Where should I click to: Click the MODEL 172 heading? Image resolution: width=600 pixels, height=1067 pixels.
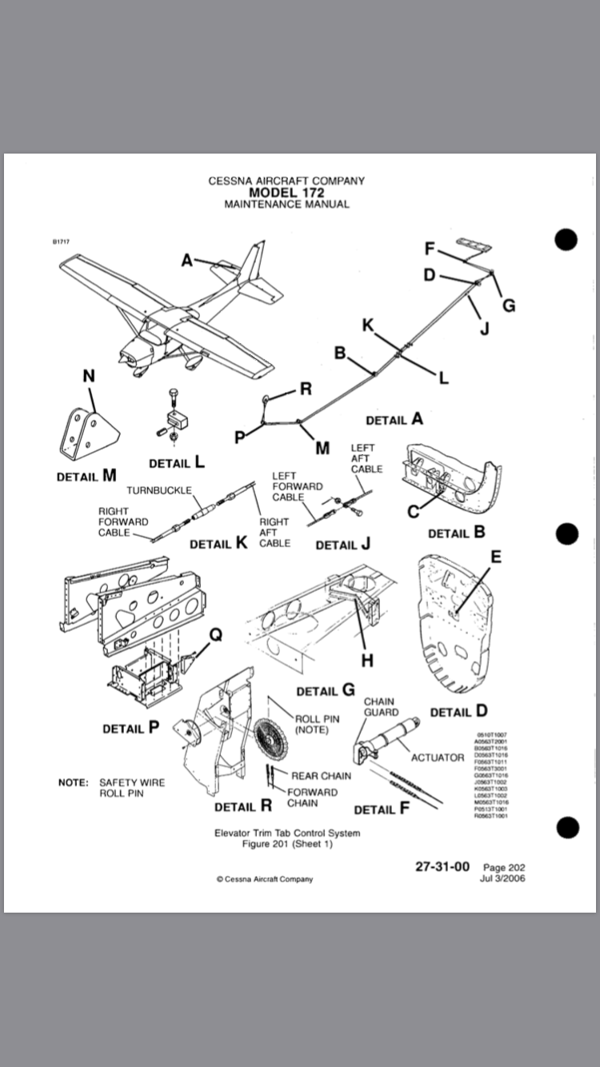pyautogui.click(x=286, y=193)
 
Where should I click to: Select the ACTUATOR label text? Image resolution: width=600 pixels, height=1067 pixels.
pyautogui.click(x=438, y=757)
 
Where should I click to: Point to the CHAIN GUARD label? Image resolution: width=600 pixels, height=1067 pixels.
pyautogui.click(x=380, y=707)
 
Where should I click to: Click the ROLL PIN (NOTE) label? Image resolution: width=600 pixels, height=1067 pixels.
pyautogui.click(x=317, y=724)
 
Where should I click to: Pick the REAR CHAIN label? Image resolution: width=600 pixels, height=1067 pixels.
pyautogui.click(x=321, y=776)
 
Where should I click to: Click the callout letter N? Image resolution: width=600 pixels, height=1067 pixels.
pyautogui.click(x=90, y=376)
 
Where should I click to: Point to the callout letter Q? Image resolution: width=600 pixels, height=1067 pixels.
pyautogui.click(x=215, y=634)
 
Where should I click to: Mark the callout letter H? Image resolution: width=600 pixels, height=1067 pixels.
pyautogui.click(x=367, y=660)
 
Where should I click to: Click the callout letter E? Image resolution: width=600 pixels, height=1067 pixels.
pyautogui.click(x=496, y=557)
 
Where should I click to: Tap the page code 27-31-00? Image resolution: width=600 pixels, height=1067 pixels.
pyautogui.click(x=442, y=866)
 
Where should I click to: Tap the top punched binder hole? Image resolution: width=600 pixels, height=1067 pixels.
pyautogui.click(x=566, y=239)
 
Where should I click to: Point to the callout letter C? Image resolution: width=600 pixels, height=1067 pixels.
pyautogui.click(x=414, y=511)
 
